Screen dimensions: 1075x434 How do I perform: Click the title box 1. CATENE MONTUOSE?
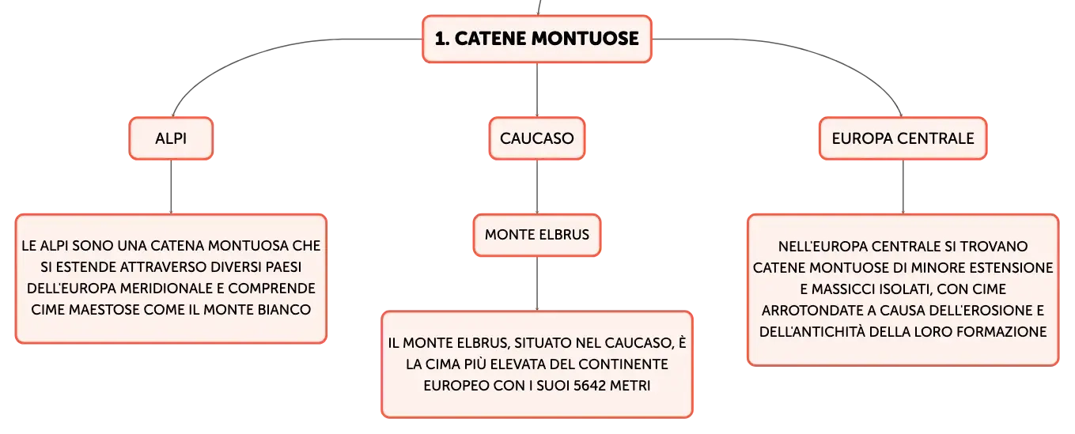(x=536, y=39)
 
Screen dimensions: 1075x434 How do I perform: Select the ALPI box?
(x=171, y=138)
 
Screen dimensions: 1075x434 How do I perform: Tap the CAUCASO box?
(x=536, y=138)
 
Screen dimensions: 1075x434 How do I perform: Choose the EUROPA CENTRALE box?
(x=903, y=138)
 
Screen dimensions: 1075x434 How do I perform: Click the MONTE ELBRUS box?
(x=536, y=235)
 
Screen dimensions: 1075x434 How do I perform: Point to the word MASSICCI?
(x=846, y=289)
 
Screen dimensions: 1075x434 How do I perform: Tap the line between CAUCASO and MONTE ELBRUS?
(x=536, y=187)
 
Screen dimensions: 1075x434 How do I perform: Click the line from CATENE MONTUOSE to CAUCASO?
(x=536, y=89)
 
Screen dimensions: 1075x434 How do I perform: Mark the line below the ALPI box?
(x=171, y=187)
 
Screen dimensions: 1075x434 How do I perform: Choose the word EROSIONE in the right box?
(x=993, y=310)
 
